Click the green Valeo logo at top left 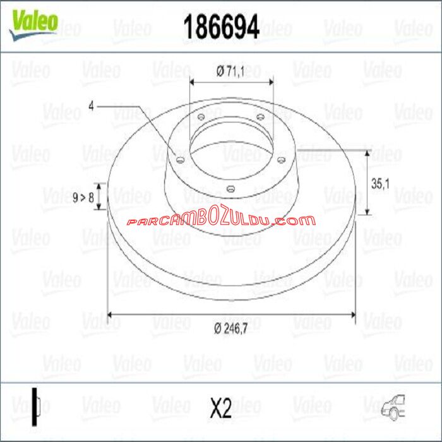click(34, 25)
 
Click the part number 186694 click(221, 27)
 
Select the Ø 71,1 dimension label click(230, 71)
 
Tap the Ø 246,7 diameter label click(231, 328)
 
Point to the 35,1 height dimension click(380, 184)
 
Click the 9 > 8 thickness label click(83, 197)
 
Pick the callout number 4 click(91, 106)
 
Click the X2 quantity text click(221, 408)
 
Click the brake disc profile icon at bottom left click(36, 407)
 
